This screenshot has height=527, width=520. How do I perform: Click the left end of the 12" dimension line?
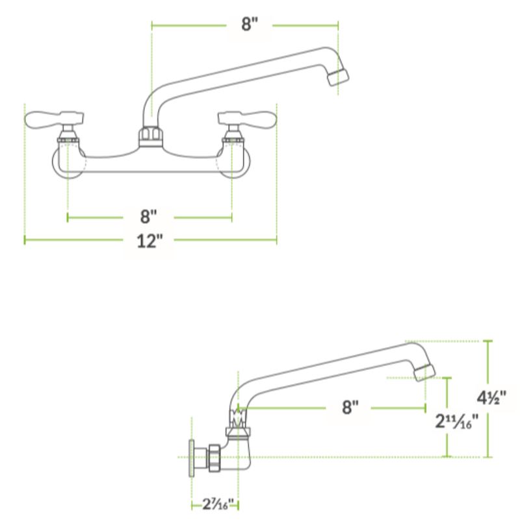pos(25,240)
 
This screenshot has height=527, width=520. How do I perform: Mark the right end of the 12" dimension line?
pos(277,240)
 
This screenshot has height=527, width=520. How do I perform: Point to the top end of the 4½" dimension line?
pos(488,341)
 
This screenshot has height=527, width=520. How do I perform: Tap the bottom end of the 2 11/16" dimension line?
pos(447,457)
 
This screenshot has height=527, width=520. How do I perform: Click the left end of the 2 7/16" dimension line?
pos(192,505)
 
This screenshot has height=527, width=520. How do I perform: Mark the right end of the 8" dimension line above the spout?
pos(338,25)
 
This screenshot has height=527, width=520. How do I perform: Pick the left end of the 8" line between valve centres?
pos(68,217)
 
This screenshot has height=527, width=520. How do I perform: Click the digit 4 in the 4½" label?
pos(481,398)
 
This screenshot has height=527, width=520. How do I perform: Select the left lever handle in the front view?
pos(54,119)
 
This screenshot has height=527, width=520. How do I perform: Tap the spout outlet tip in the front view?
pos(338,78)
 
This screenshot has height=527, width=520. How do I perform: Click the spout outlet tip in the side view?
pos(425,373)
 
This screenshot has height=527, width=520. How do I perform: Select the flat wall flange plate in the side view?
pos(192,458)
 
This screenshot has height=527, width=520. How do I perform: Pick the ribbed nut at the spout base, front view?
pos(151,136)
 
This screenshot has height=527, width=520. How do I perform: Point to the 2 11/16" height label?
pos(457,421)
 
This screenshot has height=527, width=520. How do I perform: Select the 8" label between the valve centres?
pos(149,216)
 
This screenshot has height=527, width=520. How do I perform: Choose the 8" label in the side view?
pos(350,408)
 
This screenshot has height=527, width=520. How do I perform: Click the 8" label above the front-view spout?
pos(250,24)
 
